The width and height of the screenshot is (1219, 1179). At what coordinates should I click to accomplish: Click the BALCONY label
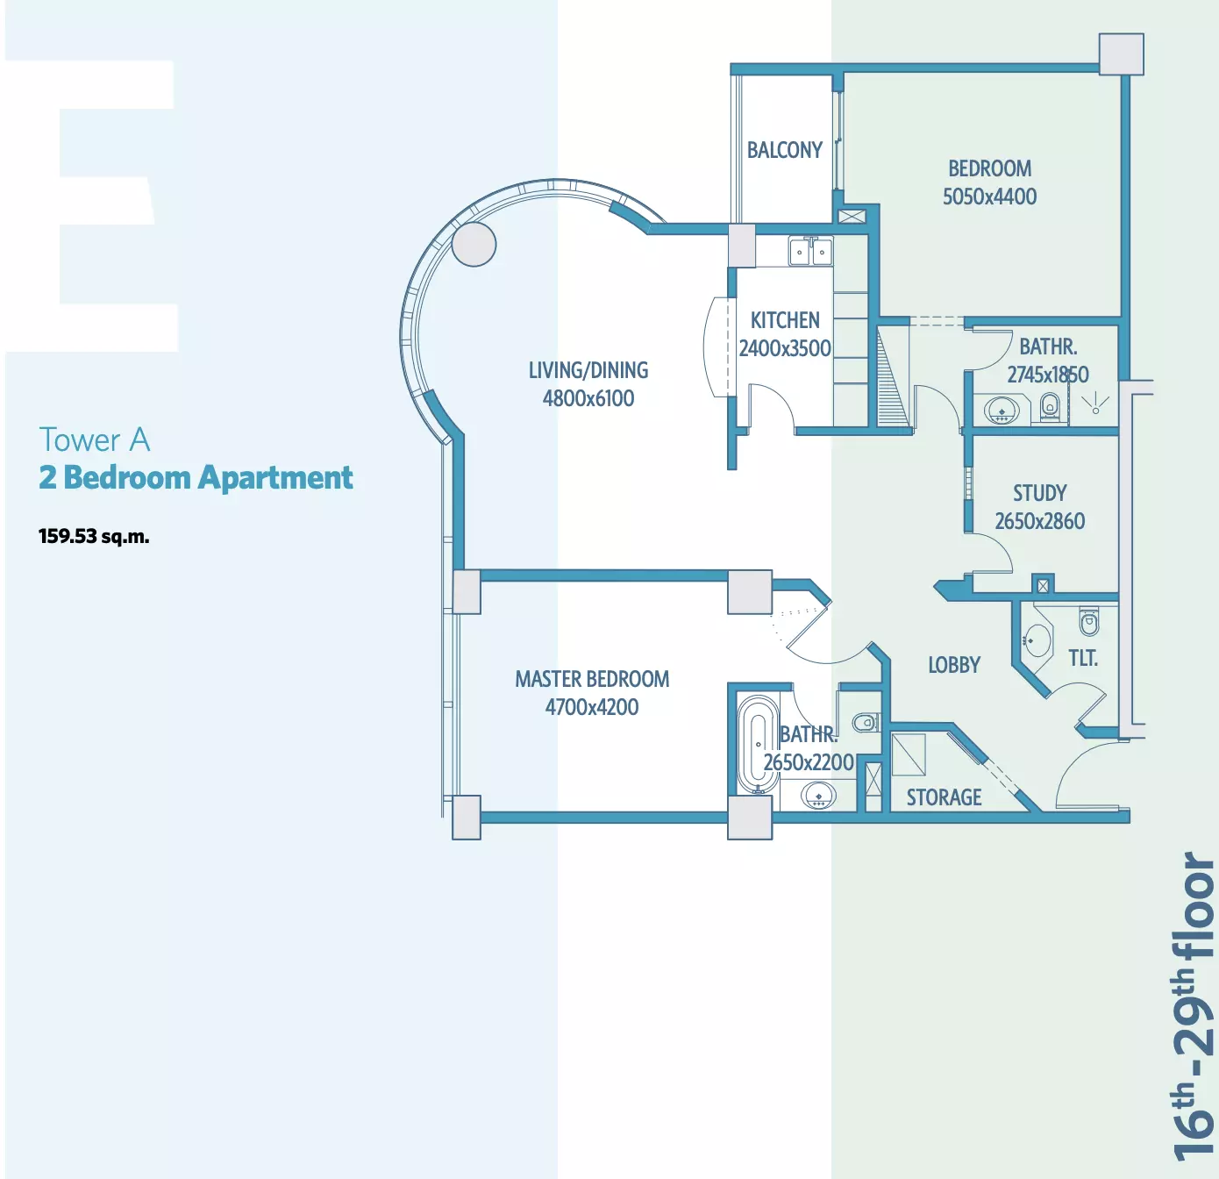coord(784,150)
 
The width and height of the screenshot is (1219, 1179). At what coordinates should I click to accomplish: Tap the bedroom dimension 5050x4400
coord(989,196)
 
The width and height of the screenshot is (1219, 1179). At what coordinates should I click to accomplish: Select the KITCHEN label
coord(785,320)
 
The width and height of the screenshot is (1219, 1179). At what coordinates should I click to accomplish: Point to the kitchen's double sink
coord(810,252)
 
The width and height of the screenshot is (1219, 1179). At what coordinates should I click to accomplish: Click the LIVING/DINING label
coord(588,370)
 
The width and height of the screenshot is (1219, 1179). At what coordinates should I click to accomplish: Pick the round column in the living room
coord(474,245)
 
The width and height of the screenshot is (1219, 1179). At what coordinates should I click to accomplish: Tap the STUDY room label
coord(1040,493)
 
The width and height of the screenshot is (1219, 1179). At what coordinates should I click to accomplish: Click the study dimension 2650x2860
coord(1040,521)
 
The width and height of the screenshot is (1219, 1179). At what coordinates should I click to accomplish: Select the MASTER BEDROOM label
coord(592,679)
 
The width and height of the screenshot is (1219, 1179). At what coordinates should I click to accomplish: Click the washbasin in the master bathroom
coord(818,797)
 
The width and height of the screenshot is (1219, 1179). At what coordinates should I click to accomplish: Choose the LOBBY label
coord(954,665)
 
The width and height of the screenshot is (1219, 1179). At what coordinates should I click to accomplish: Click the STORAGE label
coord(944,797)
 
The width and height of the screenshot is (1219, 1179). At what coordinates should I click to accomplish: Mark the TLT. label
coord(1083,659)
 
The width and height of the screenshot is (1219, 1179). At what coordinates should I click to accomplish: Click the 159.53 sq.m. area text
coord(94,537)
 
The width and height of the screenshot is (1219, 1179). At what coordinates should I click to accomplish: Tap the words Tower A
coord(95,439)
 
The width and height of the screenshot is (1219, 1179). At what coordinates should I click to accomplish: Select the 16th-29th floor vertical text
coord(1192,1007)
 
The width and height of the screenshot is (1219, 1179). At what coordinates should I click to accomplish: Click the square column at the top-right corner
coord(1122,54)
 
